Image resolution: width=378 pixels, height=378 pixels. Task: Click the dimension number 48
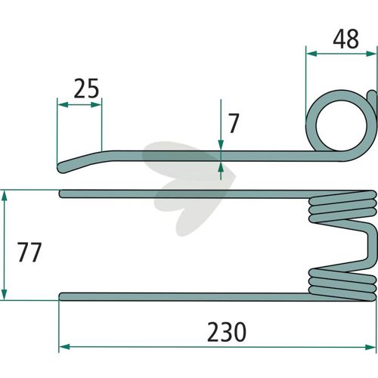coord(345,39)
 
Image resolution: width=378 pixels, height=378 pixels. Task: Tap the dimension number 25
coord(86,88)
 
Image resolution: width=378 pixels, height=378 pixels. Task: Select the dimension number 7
coord(234,123)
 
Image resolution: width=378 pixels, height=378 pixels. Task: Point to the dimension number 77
coord(29,252)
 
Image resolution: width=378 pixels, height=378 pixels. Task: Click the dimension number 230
coord(227,332)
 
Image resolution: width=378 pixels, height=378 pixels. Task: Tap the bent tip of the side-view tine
coord(62,168)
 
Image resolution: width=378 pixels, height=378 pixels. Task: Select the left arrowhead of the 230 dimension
coord(64,347)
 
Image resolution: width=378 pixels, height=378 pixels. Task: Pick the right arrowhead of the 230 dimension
coord(370,347)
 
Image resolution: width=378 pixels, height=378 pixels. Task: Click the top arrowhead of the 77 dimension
coord(4,196)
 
